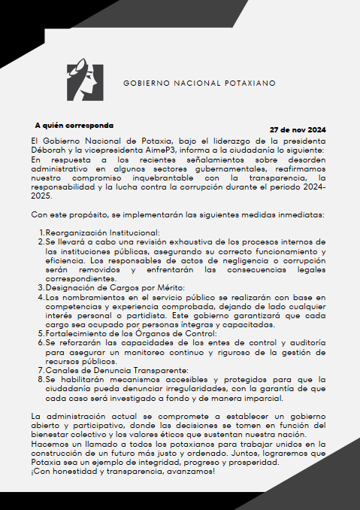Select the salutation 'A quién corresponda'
coord(74,125)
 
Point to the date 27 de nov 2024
coord(298,129)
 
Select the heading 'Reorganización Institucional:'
coord(102,233)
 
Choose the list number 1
coord(41,233)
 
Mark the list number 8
coord(41,380)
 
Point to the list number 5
coord(41,333)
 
